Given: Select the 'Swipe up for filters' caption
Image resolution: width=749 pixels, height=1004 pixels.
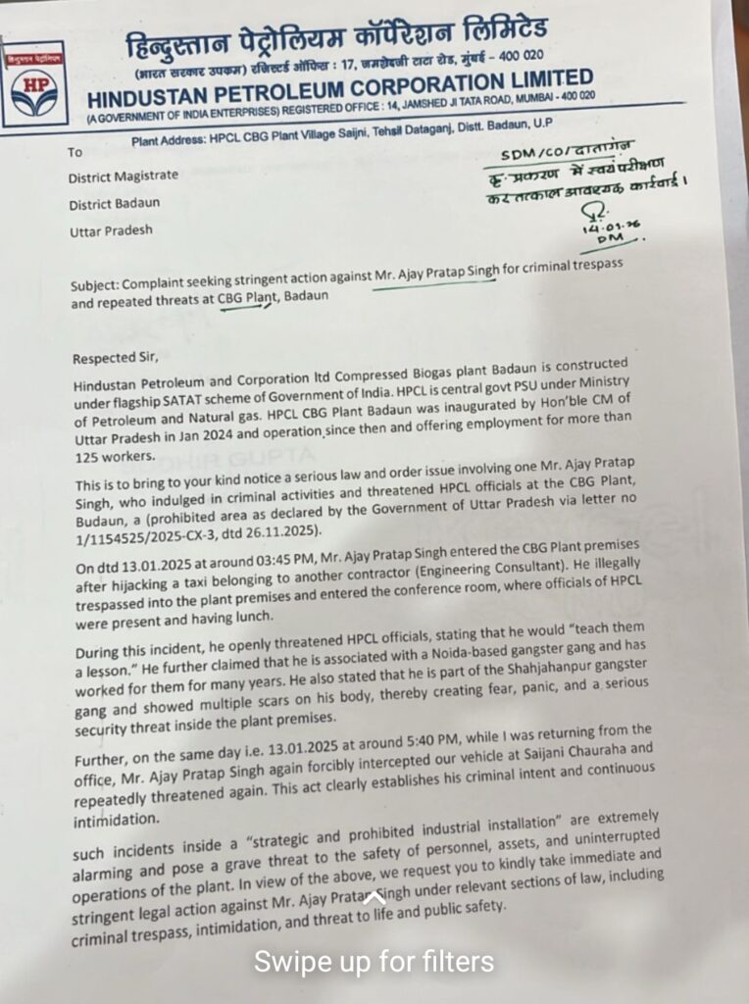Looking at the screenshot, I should coord(374,961).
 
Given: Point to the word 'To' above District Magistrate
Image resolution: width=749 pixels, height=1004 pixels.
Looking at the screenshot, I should coord(75,152).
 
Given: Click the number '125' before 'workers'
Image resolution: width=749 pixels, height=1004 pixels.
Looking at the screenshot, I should coord(89,455).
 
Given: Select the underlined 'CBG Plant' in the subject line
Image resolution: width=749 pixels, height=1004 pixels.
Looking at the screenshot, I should coord(247,299).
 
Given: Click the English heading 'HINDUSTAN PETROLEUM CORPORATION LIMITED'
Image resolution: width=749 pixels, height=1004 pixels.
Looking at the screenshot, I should coord(339,89).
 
